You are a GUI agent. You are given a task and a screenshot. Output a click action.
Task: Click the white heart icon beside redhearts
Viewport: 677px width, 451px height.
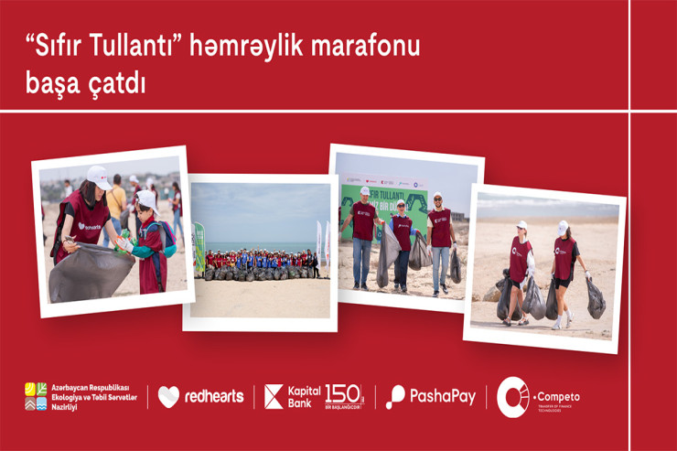(x=168, y=396)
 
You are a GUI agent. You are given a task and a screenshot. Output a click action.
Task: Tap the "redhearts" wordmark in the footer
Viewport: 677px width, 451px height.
(x=214, y=396)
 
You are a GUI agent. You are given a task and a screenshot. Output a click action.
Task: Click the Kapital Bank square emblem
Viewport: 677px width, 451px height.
(x=274, y=396)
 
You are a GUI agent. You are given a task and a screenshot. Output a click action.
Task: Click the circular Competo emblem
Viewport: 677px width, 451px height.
(x=512, y=396)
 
